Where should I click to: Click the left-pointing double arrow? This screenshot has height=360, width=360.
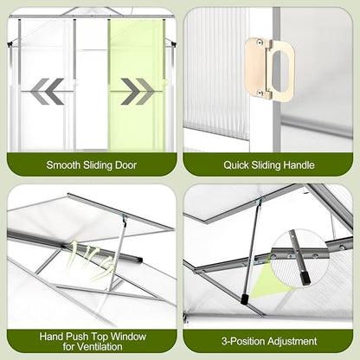pos(47,91)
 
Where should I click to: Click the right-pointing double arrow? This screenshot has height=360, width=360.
pos(138,91)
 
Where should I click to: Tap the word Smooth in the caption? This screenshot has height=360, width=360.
pos(63,165)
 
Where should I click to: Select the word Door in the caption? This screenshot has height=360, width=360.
pos(125,165)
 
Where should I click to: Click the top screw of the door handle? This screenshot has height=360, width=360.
pos(260,42)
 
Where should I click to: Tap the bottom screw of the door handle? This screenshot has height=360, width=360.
pos(260,93)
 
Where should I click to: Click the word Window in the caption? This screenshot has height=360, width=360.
pos(128,337)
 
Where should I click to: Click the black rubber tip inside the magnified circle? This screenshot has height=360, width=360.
pos(305,280)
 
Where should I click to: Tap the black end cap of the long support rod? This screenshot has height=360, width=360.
pos(245,299)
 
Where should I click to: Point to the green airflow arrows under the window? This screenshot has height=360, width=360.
pos(92,258)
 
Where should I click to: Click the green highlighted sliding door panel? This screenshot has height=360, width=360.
pos(137,85)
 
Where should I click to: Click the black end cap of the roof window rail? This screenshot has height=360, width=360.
pos(139,259)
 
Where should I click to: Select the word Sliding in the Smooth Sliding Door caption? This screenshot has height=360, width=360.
pos(98,165)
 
